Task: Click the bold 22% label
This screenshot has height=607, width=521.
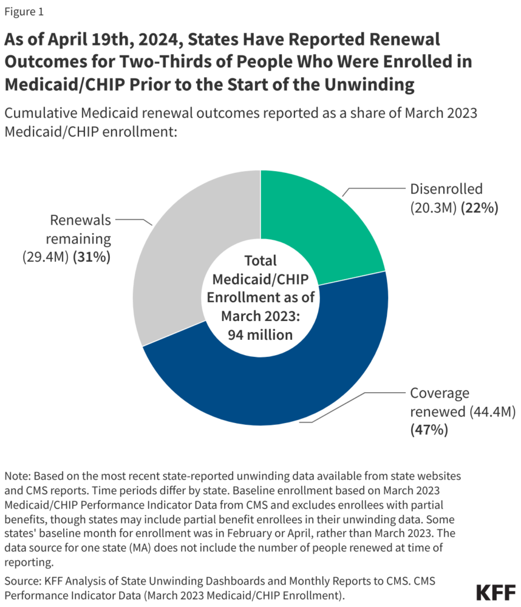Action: pyautogui.click(x=480, y=208)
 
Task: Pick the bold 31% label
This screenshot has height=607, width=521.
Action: pyautogui.click(x=91, y=257)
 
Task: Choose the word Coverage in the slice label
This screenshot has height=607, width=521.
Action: pyautogui.click(x=436, y=393)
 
